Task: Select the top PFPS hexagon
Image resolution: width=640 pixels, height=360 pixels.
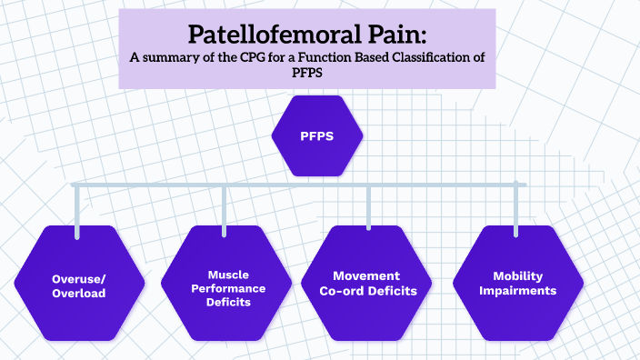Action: click(317, 136)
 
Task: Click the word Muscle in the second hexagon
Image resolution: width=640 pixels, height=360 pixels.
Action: click(228, 273)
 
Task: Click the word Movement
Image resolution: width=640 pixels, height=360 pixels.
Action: click(367, 275)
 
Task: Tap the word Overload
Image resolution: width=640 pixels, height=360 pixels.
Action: click(79, 294)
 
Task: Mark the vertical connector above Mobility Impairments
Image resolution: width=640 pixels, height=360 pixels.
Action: click(517, 211)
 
